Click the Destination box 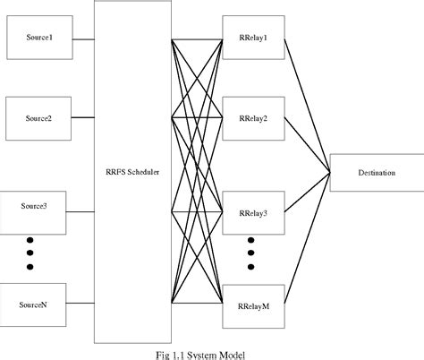tap(369, 170)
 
